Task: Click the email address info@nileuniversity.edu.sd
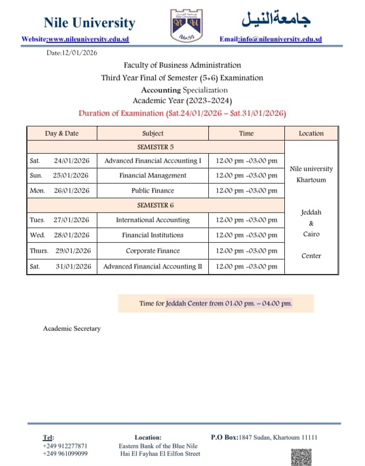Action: pos(280,39)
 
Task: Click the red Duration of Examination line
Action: pos(182,113)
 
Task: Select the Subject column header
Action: pos(153,134)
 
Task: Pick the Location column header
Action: pos(311,134)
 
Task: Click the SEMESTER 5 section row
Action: pos(156,147)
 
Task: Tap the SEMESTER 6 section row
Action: pos(156,205)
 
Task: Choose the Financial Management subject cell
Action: pos(153,176)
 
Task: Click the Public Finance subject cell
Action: pos(153,191)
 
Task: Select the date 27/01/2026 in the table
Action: pos(71,220)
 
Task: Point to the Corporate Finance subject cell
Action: pos(153,251)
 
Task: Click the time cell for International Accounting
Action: pos(246,220)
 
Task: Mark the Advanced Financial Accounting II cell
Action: pos(153,266)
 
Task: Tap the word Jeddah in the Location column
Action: pos(311,213)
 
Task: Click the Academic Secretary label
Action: pos(71,328)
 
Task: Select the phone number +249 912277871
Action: pos(65,446)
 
